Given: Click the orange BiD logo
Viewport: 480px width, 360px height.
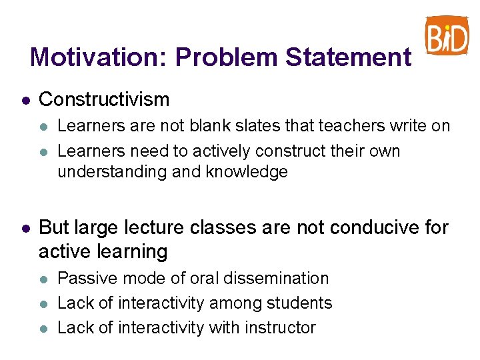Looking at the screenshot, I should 447,36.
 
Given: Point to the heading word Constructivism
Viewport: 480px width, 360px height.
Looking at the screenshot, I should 104,100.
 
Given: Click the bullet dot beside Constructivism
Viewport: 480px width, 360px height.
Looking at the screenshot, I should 25,101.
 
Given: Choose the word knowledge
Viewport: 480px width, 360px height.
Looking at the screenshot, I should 247,172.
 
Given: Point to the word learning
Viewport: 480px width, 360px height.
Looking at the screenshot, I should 131,252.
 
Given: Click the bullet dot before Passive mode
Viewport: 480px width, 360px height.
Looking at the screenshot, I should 44,279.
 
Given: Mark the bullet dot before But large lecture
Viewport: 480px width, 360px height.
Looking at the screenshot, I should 25,229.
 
